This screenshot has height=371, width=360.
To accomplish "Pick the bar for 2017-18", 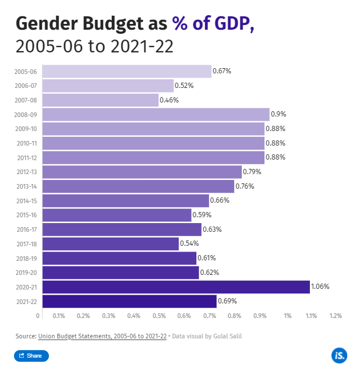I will tap(110, 243).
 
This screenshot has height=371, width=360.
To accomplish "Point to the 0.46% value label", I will tap(169, 100).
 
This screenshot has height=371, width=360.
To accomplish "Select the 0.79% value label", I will tap(252, 172).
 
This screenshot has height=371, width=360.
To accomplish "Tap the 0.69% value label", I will tap(227, 301).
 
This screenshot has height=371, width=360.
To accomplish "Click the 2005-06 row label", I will tap(26, 72).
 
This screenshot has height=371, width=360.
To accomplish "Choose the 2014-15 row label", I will tap(26, 201).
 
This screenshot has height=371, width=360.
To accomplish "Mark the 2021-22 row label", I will tap(26, 302).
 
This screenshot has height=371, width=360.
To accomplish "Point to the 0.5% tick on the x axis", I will tap(158, 316).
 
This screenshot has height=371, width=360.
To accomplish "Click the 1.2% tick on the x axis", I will tap(335, 316).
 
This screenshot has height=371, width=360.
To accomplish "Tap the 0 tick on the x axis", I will tap(39, 316).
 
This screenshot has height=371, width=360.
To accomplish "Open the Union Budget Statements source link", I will tap(103, 336).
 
